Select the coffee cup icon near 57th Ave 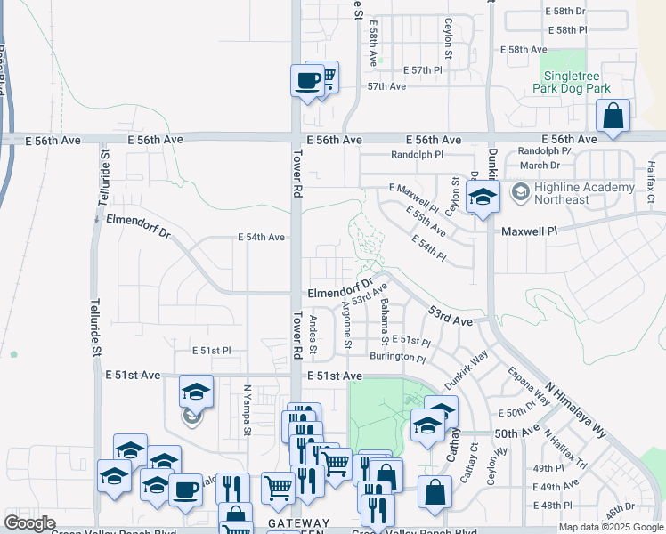coord(307,81)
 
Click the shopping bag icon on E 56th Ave coord(613,116)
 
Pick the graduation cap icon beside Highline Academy coord(483,198)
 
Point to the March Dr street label coord(540,166)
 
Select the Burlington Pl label coord(398,357)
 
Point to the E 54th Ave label coord(261,238)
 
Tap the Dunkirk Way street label coord(467,368)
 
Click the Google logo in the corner coord(30,523)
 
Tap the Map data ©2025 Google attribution coord(611,527)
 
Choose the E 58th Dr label coord(564,12)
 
